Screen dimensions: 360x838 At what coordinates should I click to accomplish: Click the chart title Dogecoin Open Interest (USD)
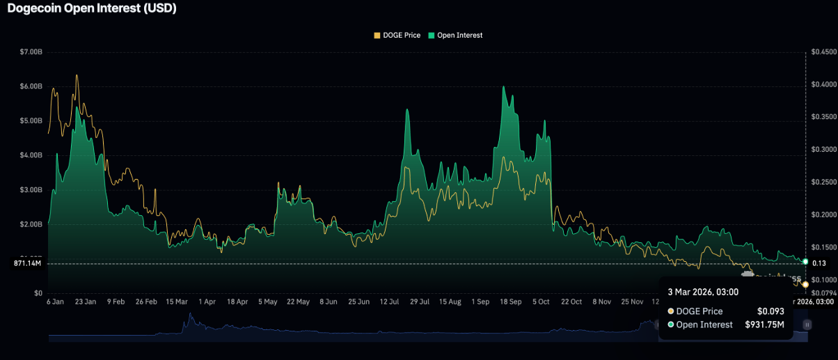pyautogui.click(x=92, y=9)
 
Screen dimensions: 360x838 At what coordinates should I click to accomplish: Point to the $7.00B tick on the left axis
pyautogui.click(x=31, y=52)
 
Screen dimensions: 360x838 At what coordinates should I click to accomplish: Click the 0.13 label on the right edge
pyautogui.click(x=819, y=263)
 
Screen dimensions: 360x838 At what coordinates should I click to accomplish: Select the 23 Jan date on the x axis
pyautogui.click(x=86, y=302)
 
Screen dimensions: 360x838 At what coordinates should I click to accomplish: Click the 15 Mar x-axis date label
pyautogui.click(x=177, y=302)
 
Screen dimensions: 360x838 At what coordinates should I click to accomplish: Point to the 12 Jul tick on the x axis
pyautogui.click(x=390, y=302)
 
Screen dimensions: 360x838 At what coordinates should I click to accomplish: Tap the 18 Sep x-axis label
pyautogui.click(x=511, y=302)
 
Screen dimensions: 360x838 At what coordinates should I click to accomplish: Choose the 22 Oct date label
pyautogui.click(x=571, y=302)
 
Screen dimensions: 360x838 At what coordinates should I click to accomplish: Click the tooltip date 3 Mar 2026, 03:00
pyautogui.click(x=703, y=292)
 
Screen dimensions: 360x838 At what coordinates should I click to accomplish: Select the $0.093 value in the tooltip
pyautogui.click(x=770, y=311)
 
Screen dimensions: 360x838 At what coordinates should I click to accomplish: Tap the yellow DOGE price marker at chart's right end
pyautogui.click(x=805, y=284)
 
